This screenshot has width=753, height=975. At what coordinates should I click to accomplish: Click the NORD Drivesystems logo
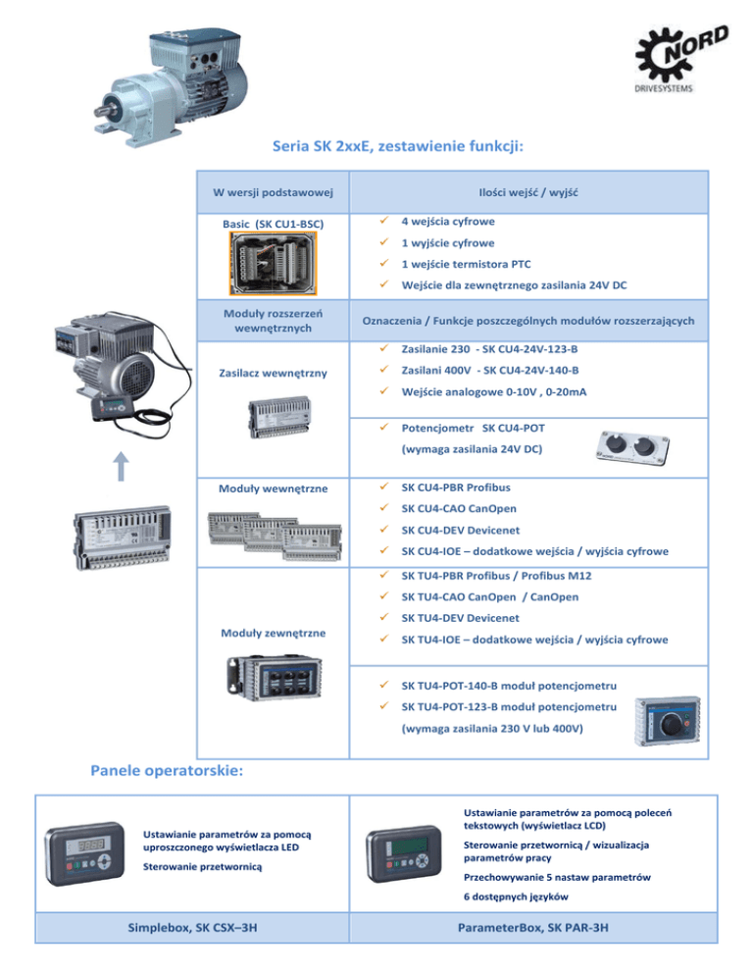click(681, 59)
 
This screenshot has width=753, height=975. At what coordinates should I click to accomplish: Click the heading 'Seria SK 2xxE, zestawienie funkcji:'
click(398, 146)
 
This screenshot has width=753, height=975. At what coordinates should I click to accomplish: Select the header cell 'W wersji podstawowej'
click(273, 192)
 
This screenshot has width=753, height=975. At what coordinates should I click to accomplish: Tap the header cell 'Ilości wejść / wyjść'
click(528, 192)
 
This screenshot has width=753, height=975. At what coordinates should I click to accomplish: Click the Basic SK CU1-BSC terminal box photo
click(273, 263)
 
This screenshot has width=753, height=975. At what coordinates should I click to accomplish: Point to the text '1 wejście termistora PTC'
click(467, 264)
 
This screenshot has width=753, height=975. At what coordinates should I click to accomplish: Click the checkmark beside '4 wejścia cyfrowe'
click(384, 220)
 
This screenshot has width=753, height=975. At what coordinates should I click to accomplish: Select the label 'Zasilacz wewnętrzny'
click(273, 373)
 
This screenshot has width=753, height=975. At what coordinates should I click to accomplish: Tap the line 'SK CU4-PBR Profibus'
click(456, 487)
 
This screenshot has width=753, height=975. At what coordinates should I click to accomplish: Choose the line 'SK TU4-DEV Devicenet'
click(460, 618)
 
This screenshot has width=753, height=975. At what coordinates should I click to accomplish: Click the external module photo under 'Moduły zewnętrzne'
click(275, 677)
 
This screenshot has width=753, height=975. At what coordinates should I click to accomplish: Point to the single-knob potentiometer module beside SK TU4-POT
click(668, 721)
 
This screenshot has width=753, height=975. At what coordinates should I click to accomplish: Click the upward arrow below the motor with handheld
click(122, 466)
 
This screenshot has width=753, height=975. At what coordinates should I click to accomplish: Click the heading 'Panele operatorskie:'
click(167, 771)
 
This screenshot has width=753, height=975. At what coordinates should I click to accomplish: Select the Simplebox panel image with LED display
click(85, 853)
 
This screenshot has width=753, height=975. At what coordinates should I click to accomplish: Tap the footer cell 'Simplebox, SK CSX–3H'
click(192, 928)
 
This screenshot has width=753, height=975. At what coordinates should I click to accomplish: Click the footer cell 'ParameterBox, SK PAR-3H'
click(532, 928)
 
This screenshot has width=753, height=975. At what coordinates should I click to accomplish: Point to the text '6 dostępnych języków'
click(516, 897)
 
